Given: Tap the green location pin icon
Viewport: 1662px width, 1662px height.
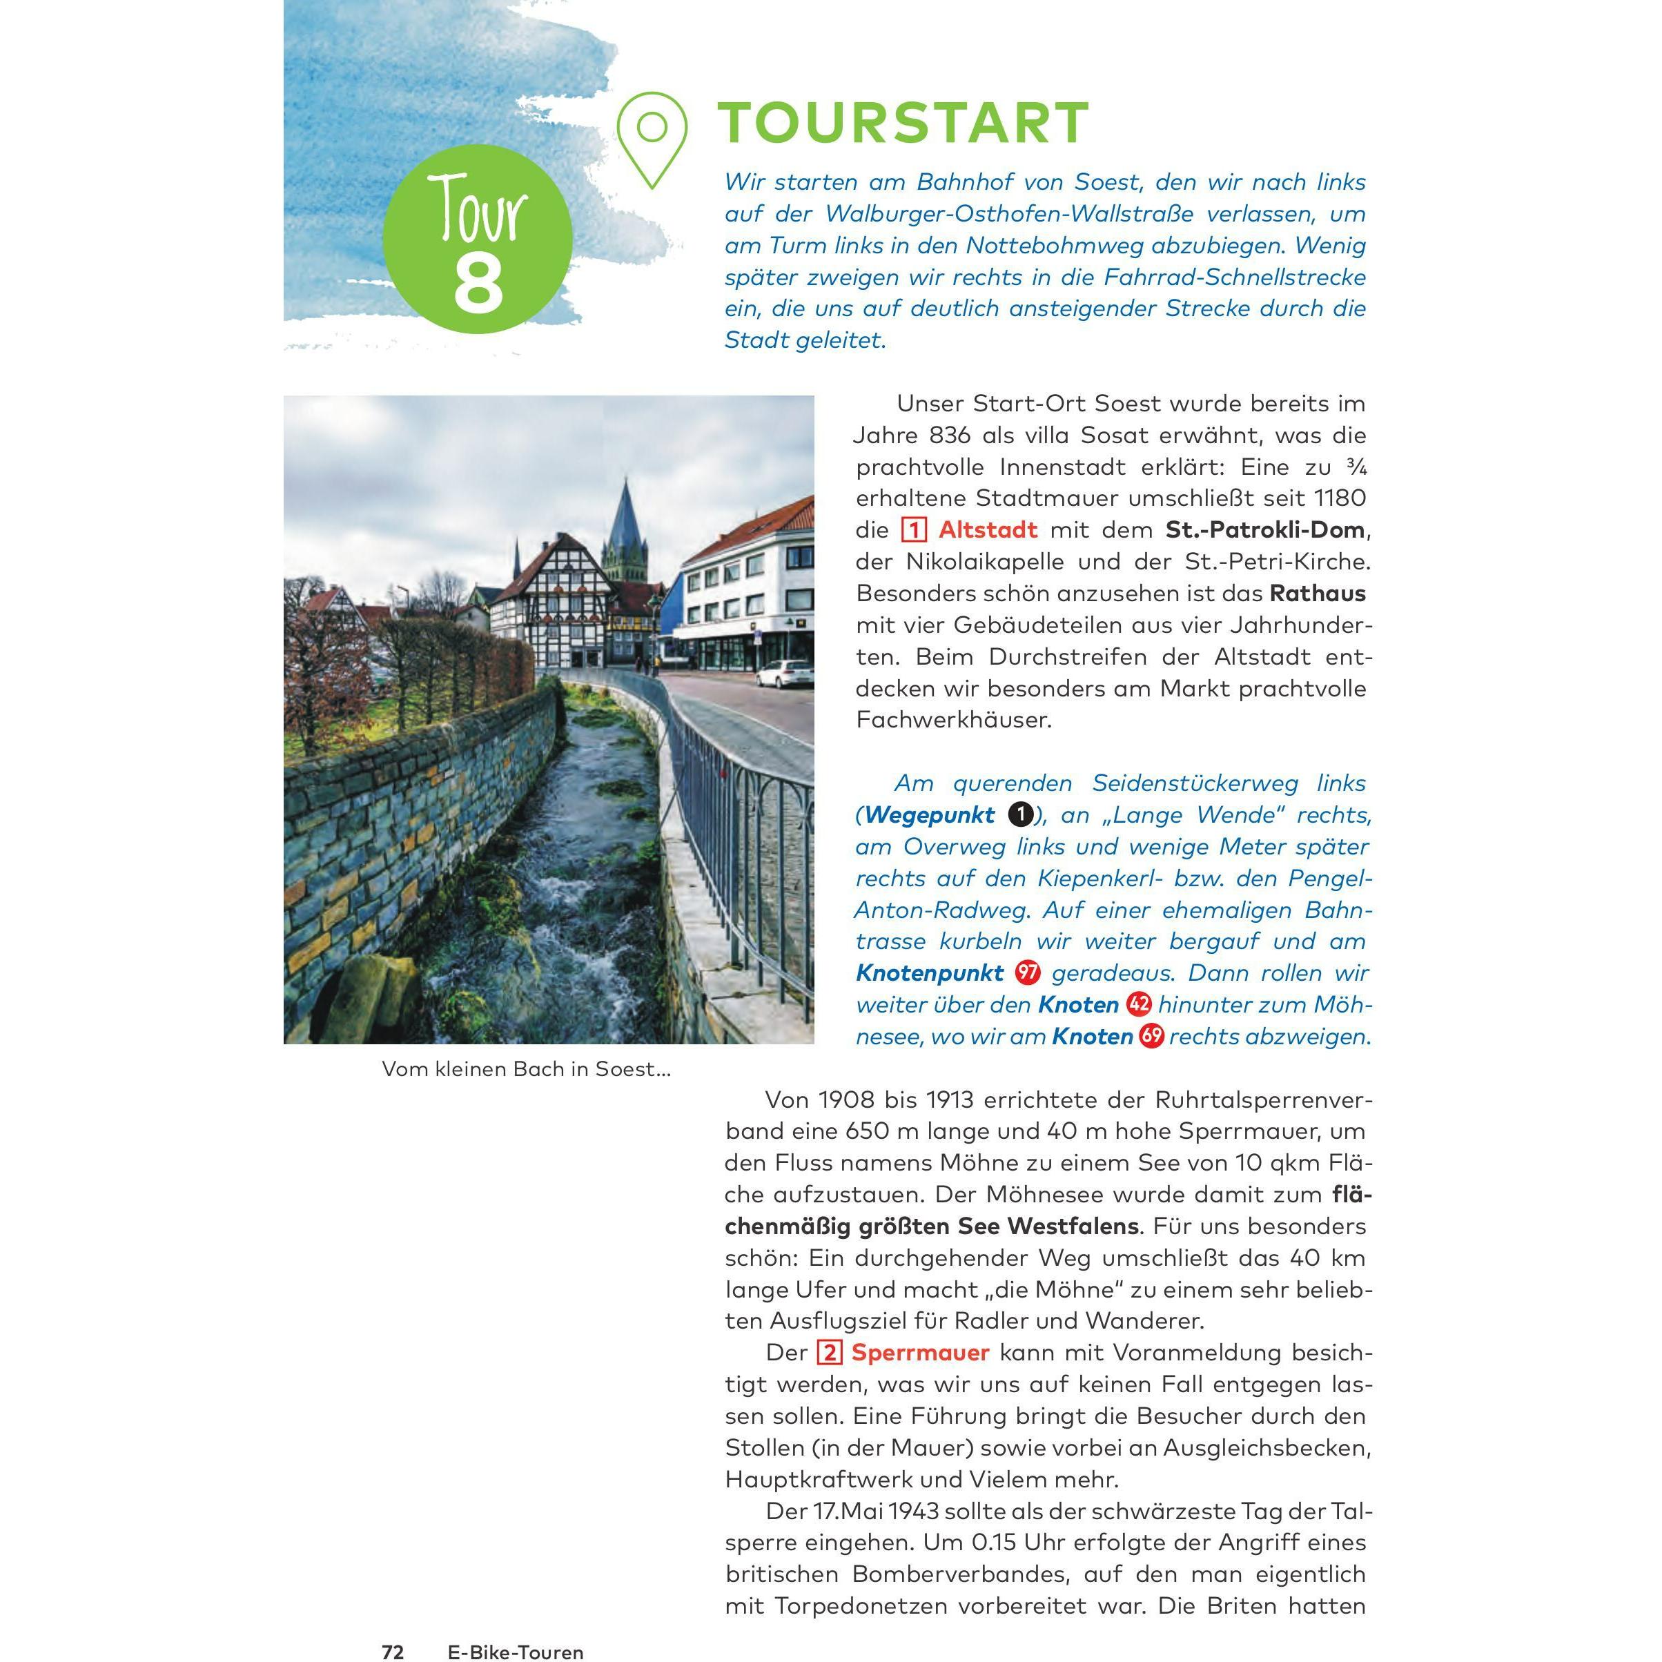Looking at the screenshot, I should pyautogui.click(x=652, y=137).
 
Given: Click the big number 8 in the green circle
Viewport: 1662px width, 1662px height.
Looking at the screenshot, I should pyautogui.click(x=478, y=283).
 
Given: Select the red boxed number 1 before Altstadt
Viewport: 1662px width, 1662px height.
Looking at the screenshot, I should pyautogui.click(x=914, y=530).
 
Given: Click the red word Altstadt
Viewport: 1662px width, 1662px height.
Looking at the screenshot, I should pyautogui.click(x=988, y=530).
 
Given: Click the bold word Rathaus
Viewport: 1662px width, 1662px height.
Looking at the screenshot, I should pyautogui.click(x=1317, y=594).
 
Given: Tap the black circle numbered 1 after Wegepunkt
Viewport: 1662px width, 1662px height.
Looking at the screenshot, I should pyautogui.click(x=1020, y=814).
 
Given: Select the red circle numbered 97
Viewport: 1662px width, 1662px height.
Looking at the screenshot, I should pyautogui.click(x=1027, y=973).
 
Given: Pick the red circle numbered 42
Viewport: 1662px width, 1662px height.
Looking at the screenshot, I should pyautogui.click(x=1139, y=1005).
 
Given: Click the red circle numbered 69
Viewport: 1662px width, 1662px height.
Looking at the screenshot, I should pyautogui.click(x=1151, y=1037).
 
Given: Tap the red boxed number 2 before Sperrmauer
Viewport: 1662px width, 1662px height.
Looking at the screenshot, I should pyautogui.click(x=830, y=1353).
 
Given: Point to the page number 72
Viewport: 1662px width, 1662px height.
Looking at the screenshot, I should pyautogui.click(x=393, y=1652).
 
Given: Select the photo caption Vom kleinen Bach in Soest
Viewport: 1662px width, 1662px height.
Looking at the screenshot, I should pyautogui.click(x=526, y=1069).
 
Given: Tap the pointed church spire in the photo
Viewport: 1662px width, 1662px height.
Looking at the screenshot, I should pyautogui.click(x=625, y=516).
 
